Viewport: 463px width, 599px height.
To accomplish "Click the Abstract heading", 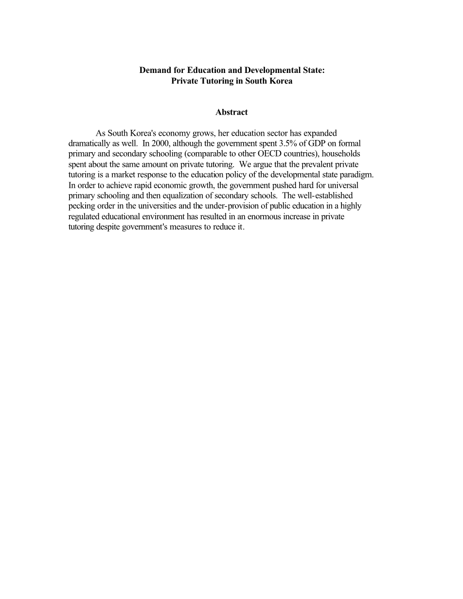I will (x=231, y=112).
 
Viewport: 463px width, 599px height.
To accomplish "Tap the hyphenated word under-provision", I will (x=218, y=206).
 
